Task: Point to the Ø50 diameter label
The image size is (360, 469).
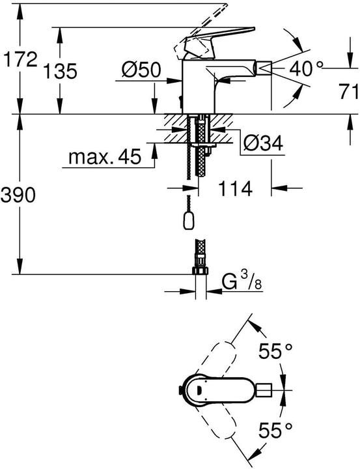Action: tap(141, 70)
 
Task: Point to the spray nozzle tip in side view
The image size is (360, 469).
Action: tap(263, 66)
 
